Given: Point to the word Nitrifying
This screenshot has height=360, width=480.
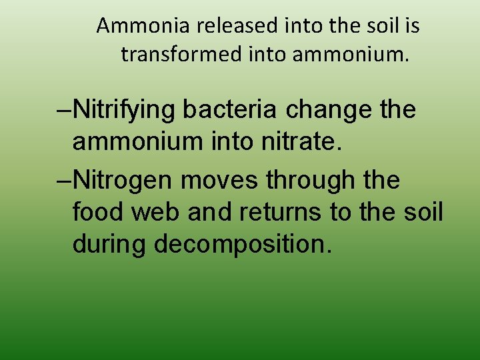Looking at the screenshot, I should (x=125, y=110).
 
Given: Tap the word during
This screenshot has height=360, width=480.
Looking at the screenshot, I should (x=109, y=244).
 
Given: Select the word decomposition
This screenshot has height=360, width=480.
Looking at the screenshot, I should (x=243, y=244).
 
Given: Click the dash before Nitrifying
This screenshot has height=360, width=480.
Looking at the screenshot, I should (x=65, y=110).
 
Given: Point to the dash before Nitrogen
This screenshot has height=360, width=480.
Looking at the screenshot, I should (x=65, y=179).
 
